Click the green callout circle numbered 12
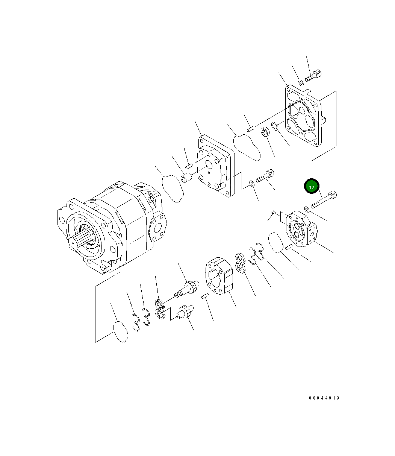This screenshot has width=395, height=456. [x=312, y=186]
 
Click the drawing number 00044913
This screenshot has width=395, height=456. [x=324, y=398]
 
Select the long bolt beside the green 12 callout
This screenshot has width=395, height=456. [x=324, y=199]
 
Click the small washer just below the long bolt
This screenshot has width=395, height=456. [x=307, y=209]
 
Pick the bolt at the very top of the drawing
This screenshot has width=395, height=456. [x=313, y=76]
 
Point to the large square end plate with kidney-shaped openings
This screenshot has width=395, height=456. [x=305, y=116]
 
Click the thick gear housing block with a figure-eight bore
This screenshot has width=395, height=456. [x=219, y=276]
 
